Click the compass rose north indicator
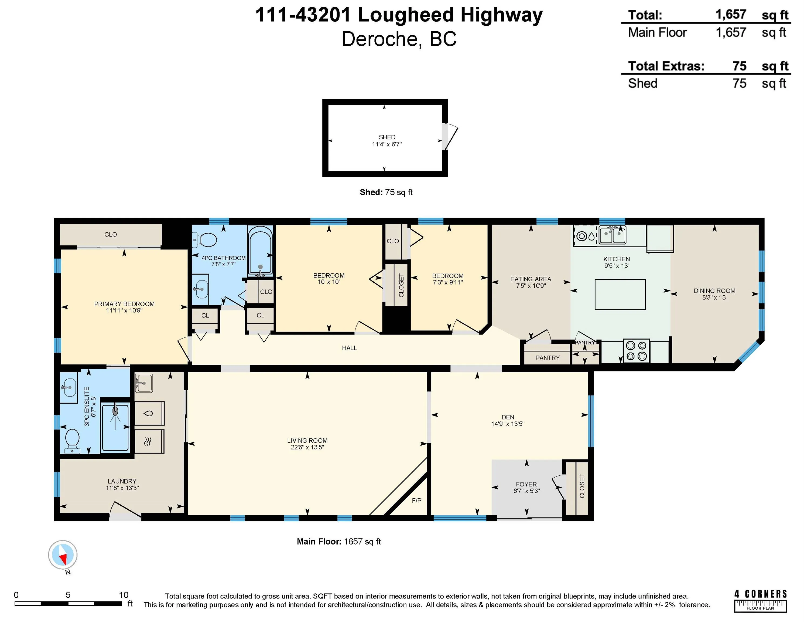click(x=63, y=555)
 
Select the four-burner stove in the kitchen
click(x=636, y=350)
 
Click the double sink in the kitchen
click(x=612, y=235)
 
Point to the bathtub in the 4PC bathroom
click(x=260, y=251)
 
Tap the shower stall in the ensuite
click(x=115, y=427)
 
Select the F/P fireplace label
click(x=416, y=501)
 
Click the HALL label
click(x=349, y=348)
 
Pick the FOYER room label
click(x=526, y=484)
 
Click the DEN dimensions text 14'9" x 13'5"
click(x=508, y=424)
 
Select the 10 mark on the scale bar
click(x=123, y=595)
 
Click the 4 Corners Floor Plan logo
click(x=760, y=601)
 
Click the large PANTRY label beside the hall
click(x=548, y=358)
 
